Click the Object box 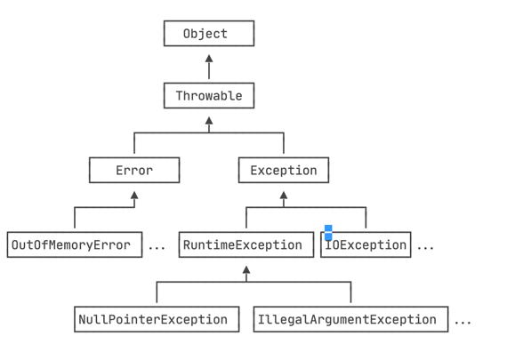click(x=209, y=33)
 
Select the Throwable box click(x=209, y=96)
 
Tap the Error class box click(x=134, y=171)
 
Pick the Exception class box click(x=284, y=171)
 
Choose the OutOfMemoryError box click(x=75, y=244)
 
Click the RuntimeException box click(x=246, y=244)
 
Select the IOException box click(x=366, y=244)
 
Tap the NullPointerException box click(x=157, y=319)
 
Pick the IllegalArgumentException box click(x=350, y=319)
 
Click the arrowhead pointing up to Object click(x=209, y=59)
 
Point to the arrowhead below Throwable click(x=209, y=121)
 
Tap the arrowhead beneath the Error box click(x=134, y=196)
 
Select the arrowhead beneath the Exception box click(x=284, y=196)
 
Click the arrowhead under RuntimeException click(x=246, y=270)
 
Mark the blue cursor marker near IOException click(x=328, y=233)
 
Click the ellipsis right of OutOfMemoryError click(x=157, y=248)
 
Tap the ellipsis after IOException click(x=425, y=248)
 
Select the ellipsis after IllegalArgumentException click(x=463, y=322)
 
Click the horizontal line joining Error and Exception click(x=209, y=132)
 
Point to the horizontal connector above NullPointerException click(x=253, y=282)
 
